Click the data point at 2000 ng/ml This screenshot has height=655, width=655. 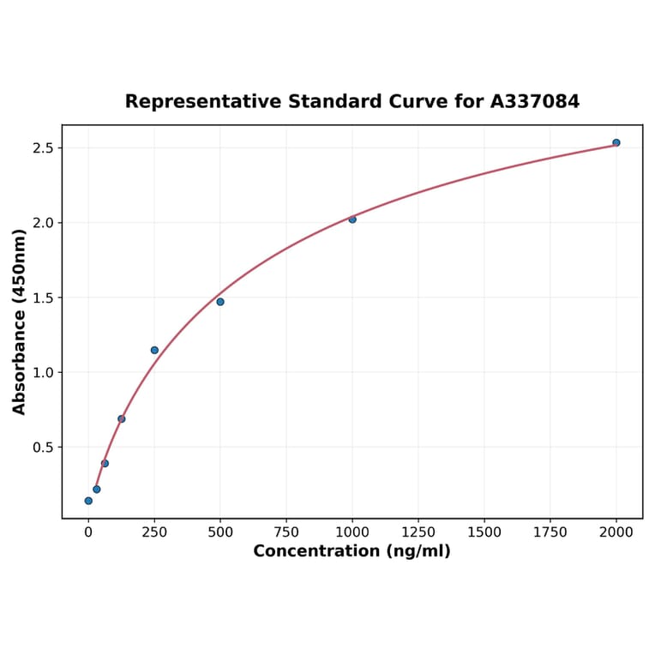pyautogui.click(x=616, y=142)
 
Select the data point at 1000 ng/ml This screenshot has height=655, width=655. pyautogui.click(x=352, y=219)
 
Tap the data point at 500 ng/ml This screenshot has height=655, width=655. pyautogui.click(x=220, y=302)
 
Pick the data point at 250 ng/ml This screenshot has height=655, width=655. pyautogui.click(x=154, y=350)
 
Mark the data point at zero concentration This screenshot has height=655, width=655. pyautogui.click(x=88, y=501)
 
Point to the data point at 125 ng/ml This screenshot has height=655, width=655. pyautogui.click(x=122, y=419)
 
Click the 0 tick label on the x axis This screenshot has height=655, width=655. pyautogui.click(x=88, y=532)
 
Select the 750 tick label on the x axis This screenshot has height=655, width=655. pyautogui.click(x=286, y=532)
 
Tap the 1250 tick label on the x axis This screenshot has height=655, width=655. pyautogui.click(x=418, y=532)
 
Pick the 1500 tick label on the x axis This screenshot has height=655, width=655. pyautogui.click(x=484, y=532)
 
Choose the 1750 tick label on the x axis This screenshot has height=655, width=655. pyautogui.click(x=550, y=532)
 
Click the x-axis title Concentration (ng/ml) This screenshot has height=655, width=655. pyautogui.click(x=352, y=551)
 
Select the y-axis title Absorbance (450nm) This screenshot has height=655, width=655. pyautogui.click(x=20, y=321)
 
